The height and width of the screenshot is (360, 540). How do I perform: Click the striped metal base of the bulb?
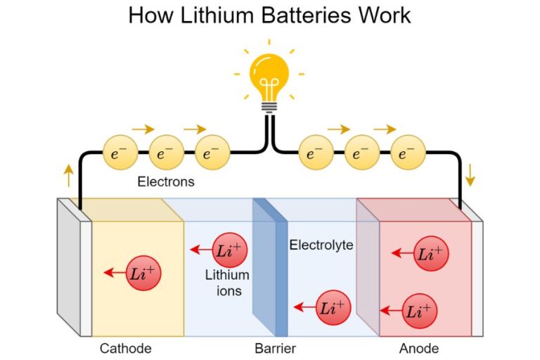tap(270, 106)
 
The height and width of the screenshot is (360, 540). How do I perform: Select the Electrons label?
tap(165, 181)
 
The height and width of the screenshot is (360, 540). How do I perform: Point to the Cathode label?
tap(125, 348)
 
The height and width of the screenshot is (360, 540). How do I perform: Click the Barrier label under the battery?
tap(275, 348)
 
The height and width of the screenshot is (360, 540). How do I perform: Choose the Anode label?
tap(419, 348)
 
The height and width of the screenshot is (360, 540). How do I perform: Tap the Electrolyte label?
tap(321, 245)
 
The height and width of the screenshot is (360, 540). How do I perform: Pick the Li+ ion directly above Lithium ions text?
tap(230, 250)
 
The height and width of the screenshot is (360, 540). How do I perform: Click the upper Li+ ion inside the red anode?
tap(431, 254)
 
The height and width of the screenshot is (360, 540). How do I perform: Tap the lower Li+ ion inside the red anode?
tap(420, 309)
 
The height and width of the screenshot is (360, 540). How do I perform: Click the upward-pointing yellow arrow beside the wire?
tap(68, 175)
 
